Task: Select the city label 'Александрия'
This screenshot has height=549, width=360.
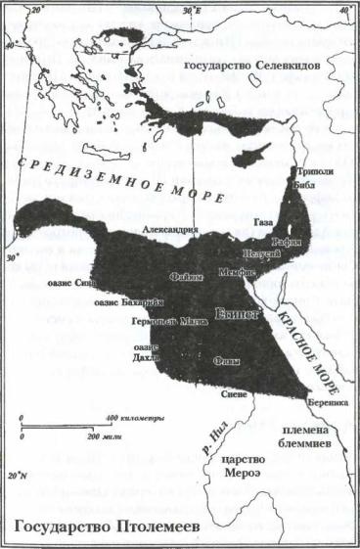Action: pos(172,230)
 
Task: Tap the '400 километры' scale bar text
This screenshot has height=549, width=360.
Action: pos(134,419)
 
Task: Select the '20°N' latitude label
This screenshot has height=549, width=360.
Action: pos(14,477)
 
